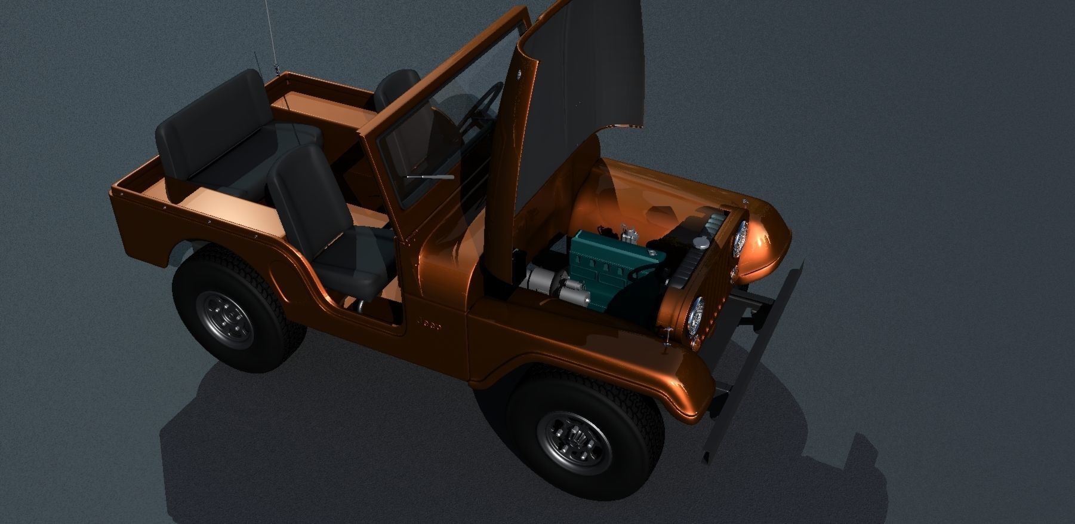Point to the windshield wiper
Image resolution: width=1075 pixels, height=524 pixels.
pyautogui.click(x=430, y=177)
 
